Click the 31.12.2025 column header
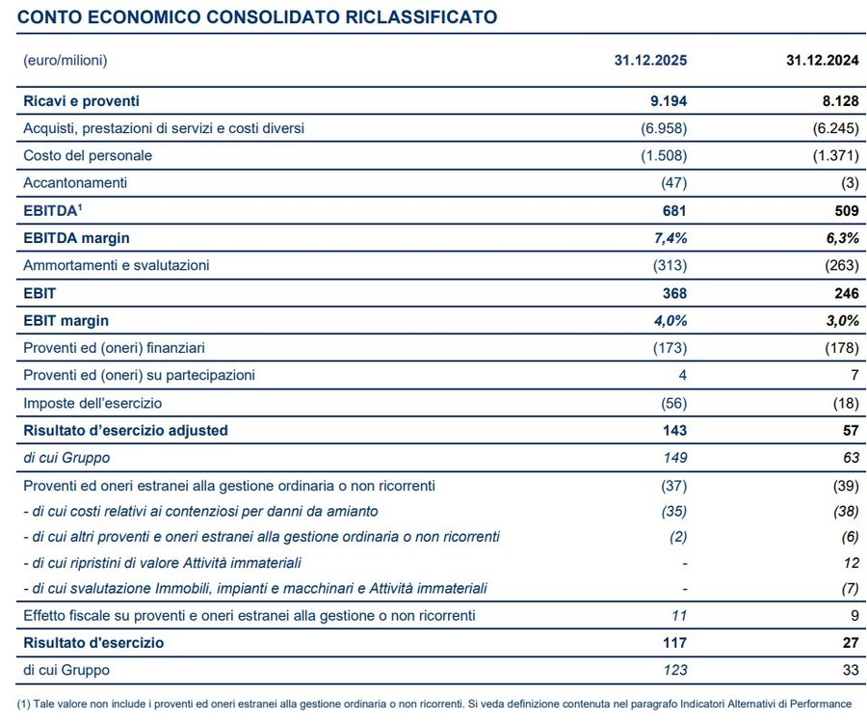click(x=650, y=60)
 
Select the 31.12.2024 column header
click(x=822, y=60)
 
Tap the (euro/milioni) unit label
click(x=65, y=60)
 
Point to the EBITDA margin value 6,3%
click(x=838, y=237)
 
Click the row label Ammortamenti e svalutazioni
click(x=116, y=265)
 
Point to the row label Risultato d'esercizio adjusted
click(x=125, y=430)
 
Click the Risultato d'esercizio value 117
click(x=674, y=642)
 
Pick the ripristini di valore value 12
click(x=850, y=562)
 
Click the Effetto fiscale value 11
click(x=678, y=615)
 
